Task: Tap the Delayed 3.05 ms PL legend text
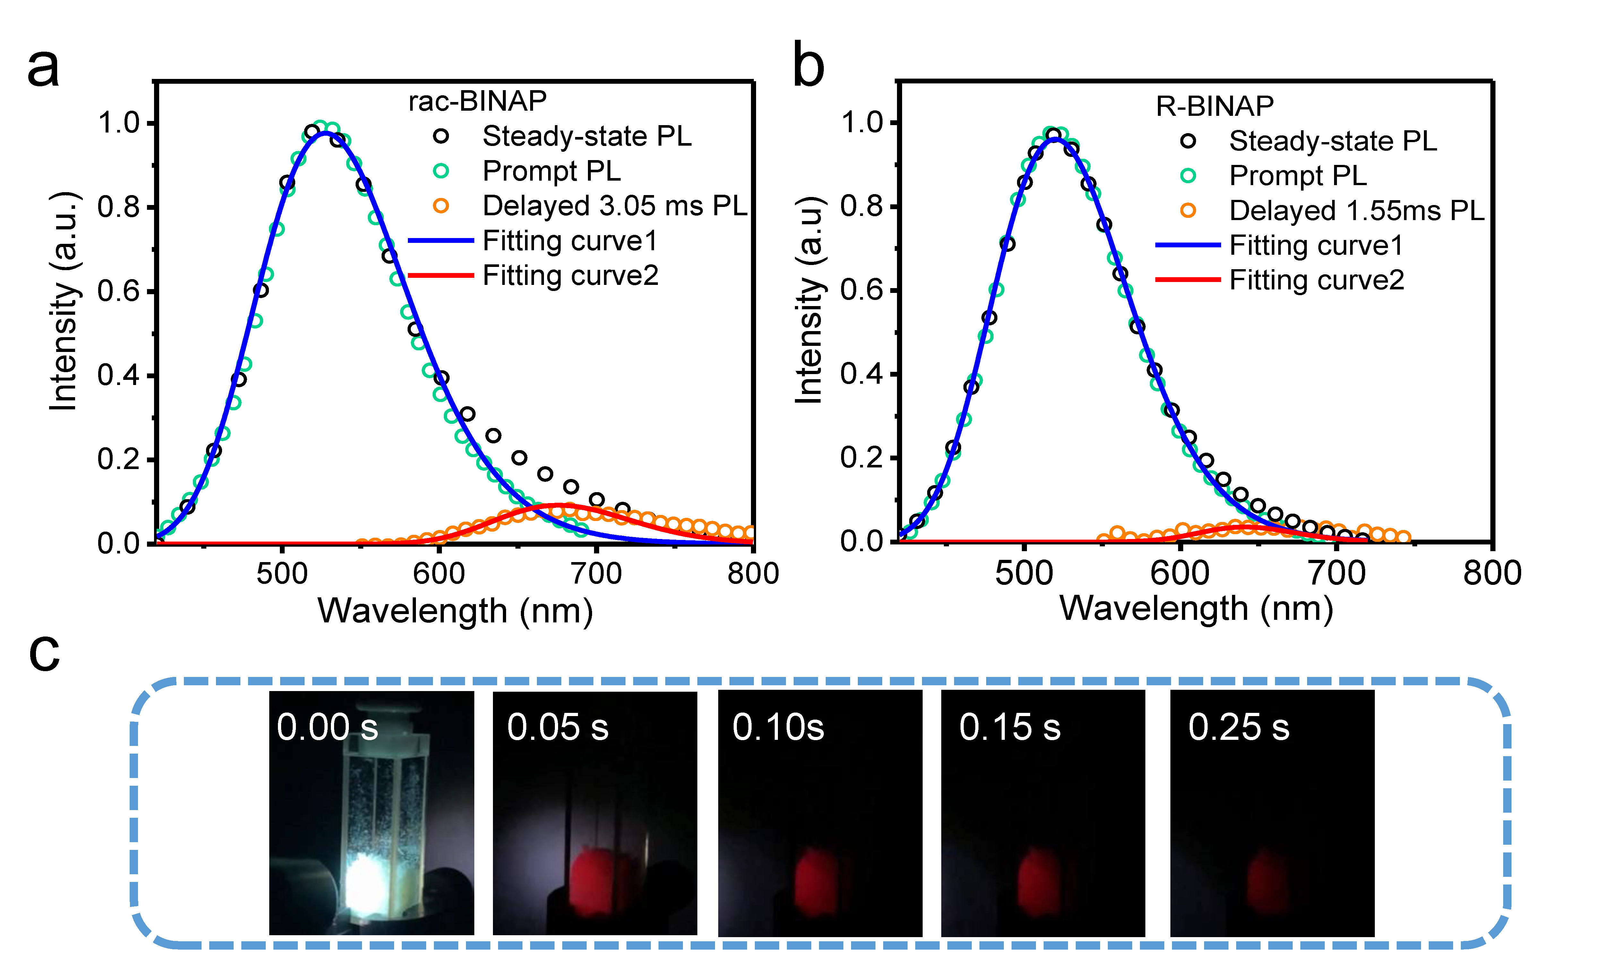pyautogui.click(x=615, y=206)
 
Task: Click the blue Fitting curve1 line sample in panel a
pyautogui.click(x=441, y=241)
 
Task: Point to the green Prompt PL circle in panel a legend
pyautogui.click(x=441, y=171)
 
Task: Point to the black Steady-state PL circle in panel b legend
pyautogui.click(x=1188, y=141)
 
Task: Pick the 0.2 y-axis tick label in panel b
pyautogui.click(x=861, y=457)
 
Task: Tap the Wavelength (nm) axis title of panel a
pyautogui.click(x=455, y=611)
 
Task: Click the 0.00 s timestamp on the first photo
pyautogui.click(x=327, y=727)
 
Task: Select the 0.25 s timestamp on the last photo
pyautogui.click(x=1238, y=727)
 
